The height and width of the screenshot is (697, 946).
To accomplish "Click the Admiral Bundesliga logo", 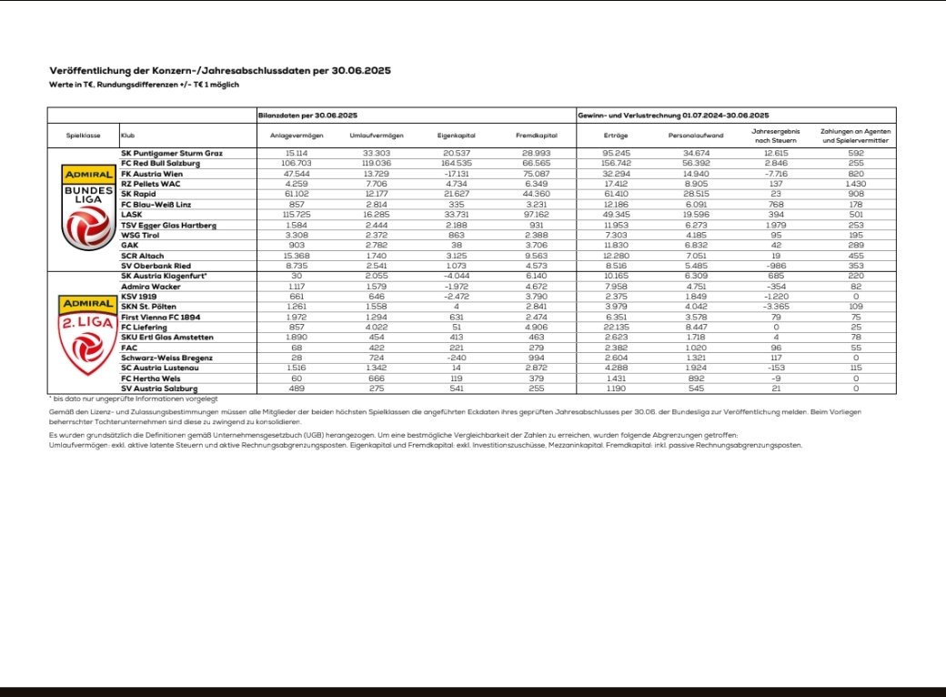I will [87, 207].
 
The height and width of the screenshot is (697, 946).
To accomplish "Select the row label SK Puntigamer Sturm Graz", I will [172, 153].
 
